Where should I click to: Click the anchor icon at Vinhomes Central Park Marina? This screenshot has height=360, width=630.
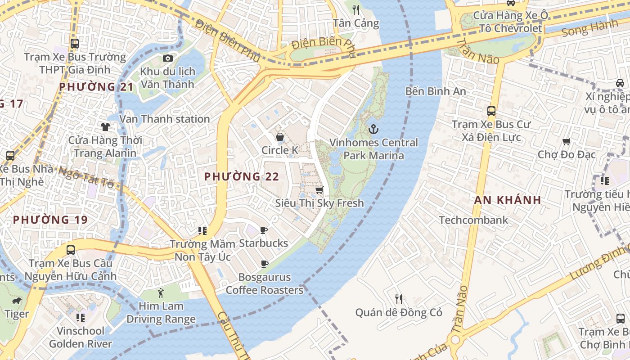373,130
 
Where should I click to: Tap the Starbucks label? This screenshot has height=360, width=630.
263,243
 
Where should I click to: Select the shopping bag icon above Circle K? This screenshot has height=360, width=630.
280,137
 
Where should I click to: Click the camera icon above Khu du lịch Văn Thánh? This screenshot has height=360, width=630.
168,58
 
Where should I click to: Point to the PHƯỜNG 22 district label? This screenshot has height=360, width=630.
242,177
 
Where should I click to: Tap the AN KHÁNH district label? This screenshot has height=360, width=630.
508,200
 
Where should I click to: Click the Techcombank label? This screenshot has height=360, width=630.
473,220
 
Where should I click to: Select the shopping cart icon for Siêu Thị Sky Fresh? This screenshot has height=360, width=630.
319,190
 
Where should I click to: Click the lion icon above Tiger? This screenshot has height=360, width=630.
17,301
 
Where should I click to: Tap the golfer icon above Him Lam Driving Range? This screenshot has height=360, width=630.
161,293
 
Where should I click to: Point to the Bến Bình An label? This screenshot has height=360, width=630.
436,91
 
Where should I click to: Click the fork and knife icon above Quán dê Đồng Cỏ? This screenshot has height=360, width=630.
399,299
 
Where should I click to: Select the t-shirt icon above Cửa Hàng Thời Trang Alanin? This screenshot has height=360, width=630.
105,127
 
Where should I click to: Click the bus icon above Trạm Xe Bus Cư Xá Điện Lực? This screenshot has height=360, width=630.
491,111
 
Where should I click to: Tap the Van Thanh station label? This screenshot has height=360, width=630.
164,119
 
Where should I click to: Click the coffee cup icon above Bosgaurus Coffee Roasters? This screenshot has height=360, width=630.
265,264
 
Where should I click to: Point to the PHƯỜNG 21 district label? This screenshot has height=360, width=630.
96,87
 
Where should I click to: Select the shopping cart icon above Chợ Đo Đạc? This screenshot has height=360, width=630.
567,142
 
